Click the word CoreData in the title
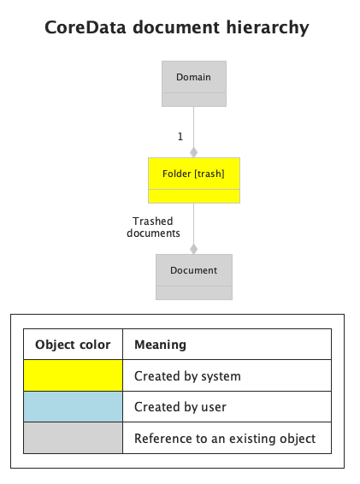click(x=86, y=27)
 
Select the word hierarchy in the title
click(x=268, y=28)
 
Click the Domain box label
click(x=193, y=77)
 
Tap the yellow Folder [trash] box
click(x=194, y=180)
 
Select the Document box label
click(x=193, y=270)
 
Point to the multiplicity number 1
click(x=180, y=136)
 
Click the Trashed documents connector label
click(x=153, y=227)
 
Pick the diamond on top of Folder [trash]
click(x=193, y=152)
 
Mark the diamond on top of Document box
click(x=193, y=249)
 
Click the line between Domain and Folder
click(x=193, y=127)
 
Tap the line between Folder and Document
click(x=193, y=223)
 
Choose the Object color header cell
click(x=73, y=345)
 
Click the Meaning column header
click(x=160, y=345)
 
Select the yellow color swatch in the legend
click(x=74, y=375)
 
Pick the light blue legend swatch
click(x=74, y=406)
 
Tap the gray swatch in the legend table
click(x=74, y=438)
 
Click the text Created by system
click(x=187, y=376)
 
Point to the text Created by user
click(x=180, y=407)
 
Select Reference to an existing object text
click(x=225, y=439)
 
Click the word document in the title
click(x=176, y=27)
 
